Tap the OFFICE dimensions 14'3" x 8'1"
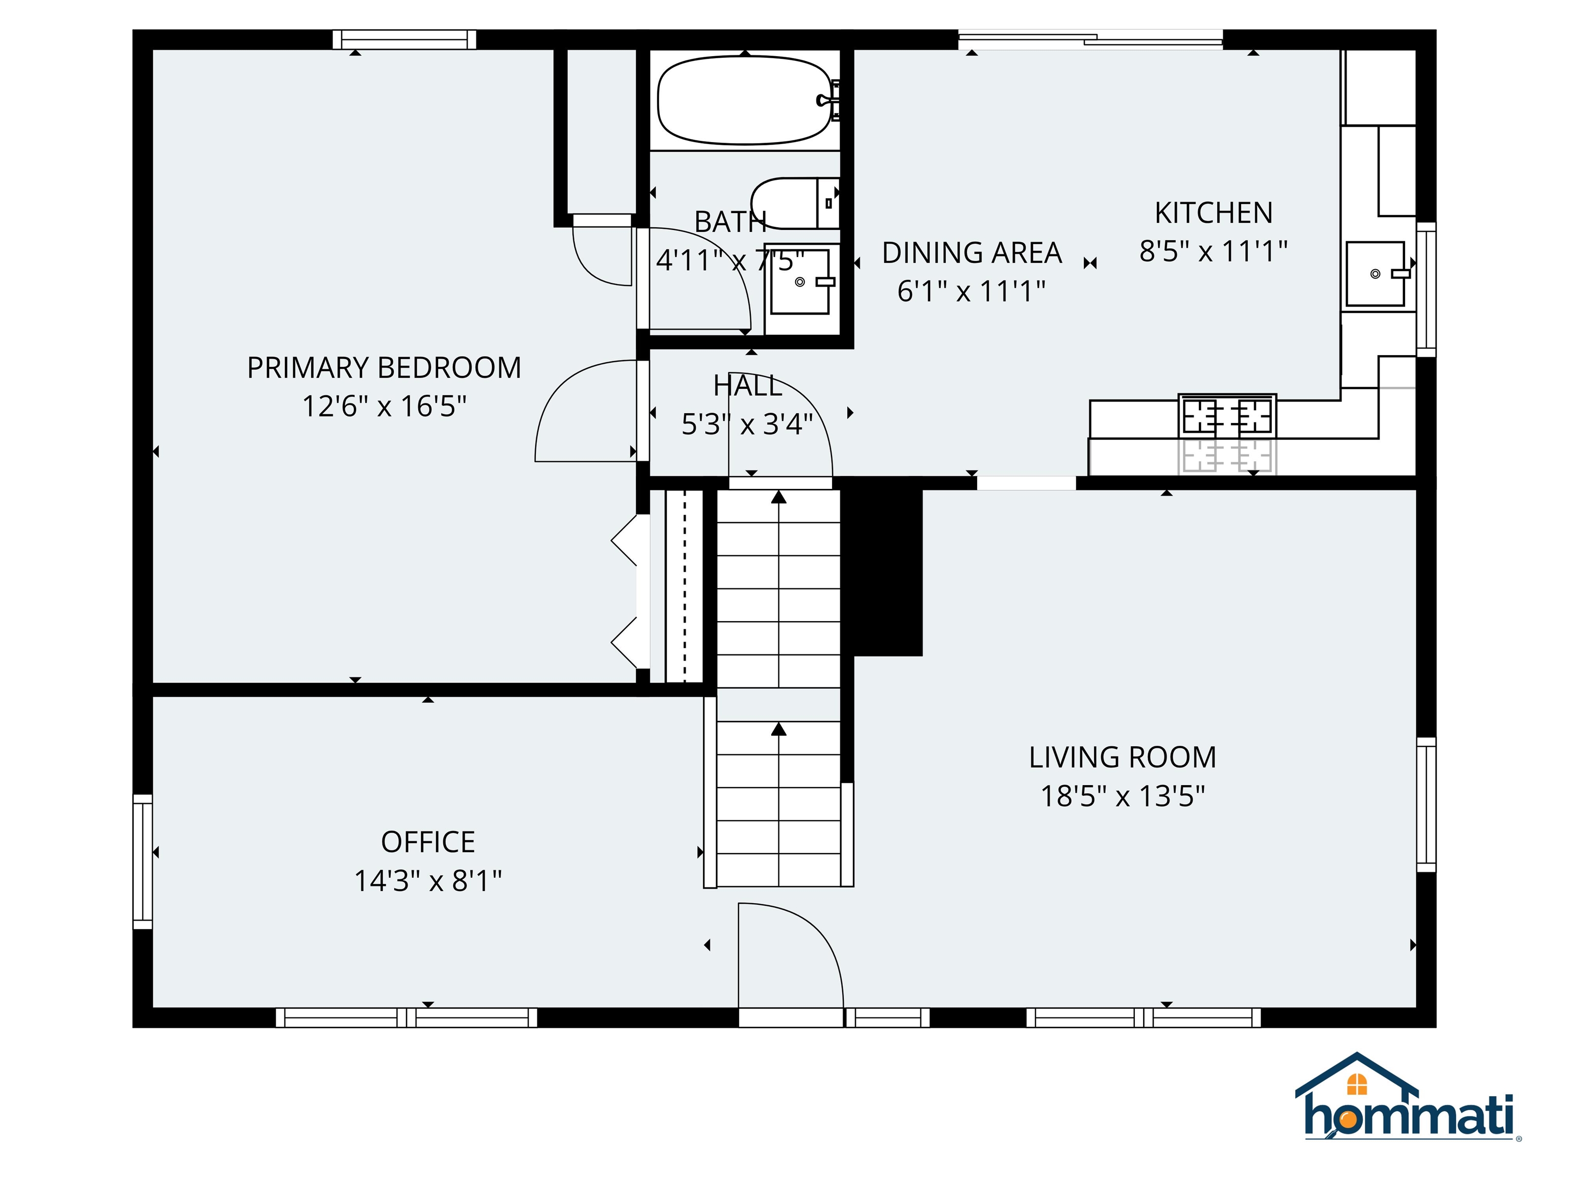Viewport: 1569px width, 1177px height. click(427, 881)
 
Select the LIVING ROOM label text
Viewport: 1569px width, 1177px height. click(1122, 758)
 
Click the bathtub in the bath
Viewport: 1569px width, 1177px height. click(744, 101)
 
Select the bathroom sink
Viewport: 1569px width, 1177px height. click(801, 281)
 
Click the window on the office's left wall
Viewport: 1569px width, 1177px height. click(142, 861)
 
